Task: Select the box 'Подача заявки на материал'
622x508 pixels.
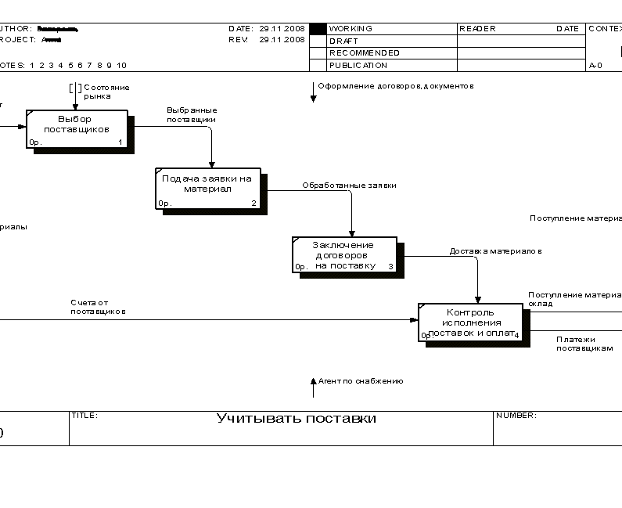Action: coord(208,188)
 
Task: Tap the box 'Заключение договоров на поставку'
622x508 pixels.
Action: coord(344,254)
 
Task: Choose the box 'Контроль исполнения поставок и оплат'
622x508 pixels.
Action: coord(470,322)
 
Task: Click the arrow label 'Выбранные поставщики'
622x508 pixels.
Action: coord(192,115)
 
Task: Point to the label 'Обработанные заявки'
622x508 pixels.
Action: coord(350,186)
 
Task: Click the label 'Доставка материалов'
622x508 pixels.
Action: coord(495,251)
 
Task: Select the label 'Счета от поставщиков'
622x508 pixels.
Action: coord(98,307)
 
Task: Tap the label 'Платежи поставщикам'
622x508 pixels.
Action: coord(584,344)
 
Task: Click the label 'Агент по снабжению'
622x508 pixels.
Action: coord(361,381)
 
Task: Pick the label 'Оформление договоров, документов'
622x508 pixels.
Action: coord(395,86)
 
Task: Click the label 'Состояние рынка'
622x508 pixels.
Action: coord(106,92)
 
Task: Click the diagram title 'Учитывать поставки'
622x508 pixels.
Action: coord(296,419)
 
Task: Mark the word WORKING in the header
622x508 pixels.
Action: coord(351,29)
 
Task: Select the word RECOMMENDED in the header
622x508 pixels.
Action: coord(365,53)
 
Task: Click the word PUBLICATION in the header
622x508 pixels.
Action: coord(358,66)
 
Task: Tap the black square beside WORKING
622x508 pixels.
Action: coord(318,29)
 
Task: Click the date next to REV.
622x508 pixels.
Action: coord(282,39)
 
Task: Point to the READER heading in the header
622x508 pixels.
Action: coord(477,29)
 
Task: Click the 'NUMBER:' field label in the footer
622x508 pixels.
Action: coord(516,416)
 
